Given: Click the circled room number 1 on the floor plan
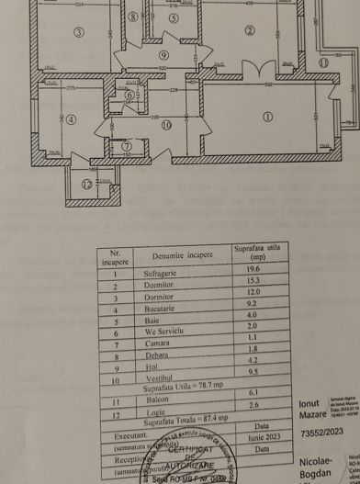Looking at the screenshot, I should [x=267, y=117].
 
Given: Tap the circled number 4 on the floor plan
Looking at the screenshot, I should [x=71, y=118].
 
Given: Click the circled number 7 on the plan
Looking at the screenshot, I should [x=127, y=145].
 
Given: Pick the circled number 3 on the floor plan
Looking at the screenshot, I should [x=79, y=33].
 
